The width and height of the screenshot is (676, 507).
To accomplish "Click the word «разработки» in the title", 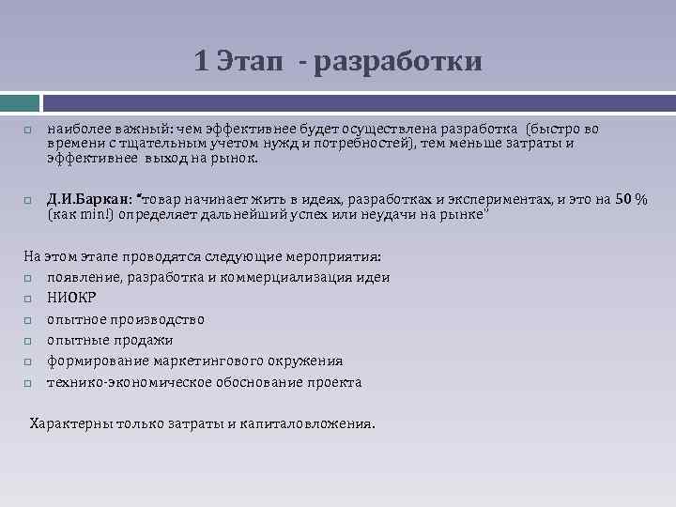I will [x=399, y=61].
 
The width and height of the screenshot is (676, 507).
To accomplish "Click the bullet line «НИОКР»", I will [x=71, y=299].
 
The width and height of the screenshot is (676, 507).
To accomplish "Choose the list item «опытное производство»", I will [x=126, y=319].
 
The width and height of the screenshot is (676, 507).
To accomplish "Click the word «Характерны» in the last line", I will [x=70, y=423].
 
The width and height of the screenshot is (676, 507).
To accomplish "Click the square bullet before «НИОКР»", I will [x=28, y=299].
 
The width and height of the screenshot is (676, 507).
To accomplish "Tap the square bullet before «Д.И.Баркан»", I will [x=28, y=200].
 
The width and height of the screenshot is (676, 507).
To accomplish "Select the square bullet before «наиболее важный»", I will [x=28, y=130].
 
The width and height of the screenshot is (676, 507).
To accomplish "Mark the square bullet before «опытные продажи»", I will [x=28, y=341].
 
